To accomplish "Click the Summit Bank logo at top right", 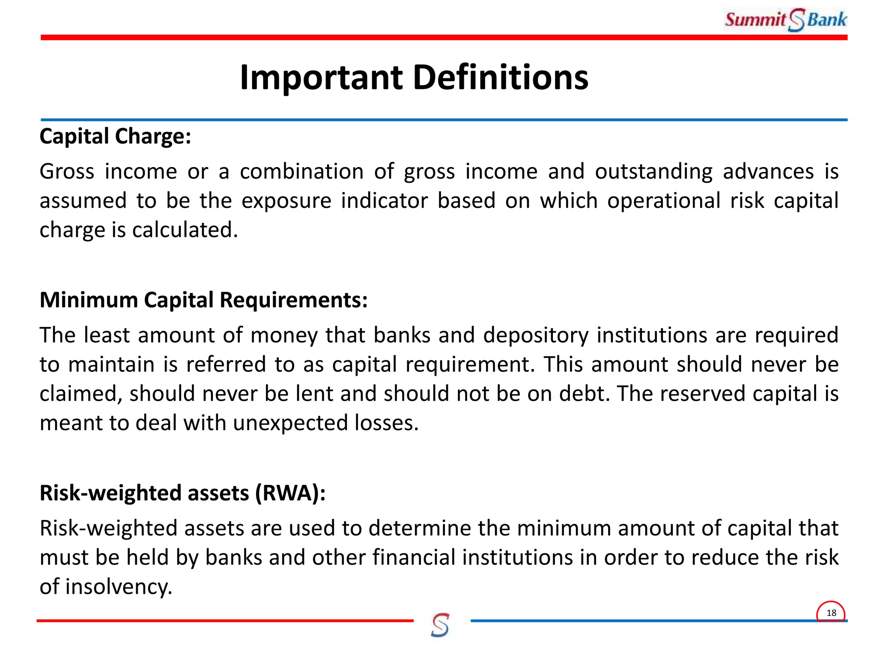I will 786,20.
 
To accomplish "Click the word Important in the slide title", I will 321,78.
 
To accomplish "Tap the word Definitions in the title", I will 501,78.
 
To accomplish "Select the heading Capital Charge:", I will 115,137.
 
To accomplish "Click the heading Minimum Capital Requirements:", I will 203,300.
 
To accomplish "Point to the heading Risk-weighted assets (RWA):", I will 182,493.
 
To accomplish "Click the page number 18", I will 831,613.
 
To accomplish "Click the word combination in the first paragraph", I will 301,171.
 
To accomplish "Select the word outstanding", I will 653,171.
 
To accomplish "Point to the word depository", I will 536,335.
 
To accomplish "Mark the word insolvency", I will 119,587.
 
